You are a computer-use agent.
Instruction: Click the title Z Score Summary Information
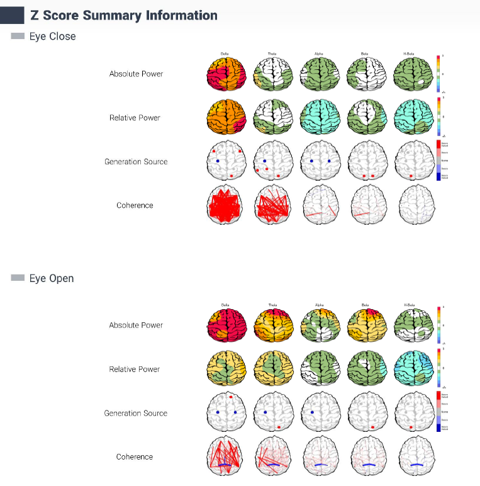(124, 16)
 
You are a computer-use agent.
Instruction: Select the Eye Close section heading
(52, 37)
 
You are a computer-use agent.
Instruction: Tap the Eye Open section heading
(52, 278)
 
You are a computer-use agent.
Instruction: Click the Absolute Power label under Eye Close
(136, 74)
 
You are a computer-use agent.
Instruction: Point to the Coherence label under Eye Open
(135, 457)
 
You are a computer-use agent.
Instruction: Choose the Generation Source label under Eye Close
(136, 162)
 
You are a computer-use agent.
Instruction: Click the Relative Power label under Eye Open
(135, 370)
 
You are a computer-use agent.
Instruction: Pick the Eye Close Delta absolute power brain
(225, 74)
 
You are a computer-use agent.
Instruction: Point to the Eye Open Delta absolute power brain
(225, 325)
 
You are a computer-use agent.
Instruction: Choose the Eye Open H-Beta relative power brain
(415, 370)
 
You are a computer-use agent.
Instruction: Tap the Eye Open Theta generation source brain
(272, 414)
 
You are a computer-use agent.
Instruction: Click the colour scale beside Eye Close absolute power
(439, 74)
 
